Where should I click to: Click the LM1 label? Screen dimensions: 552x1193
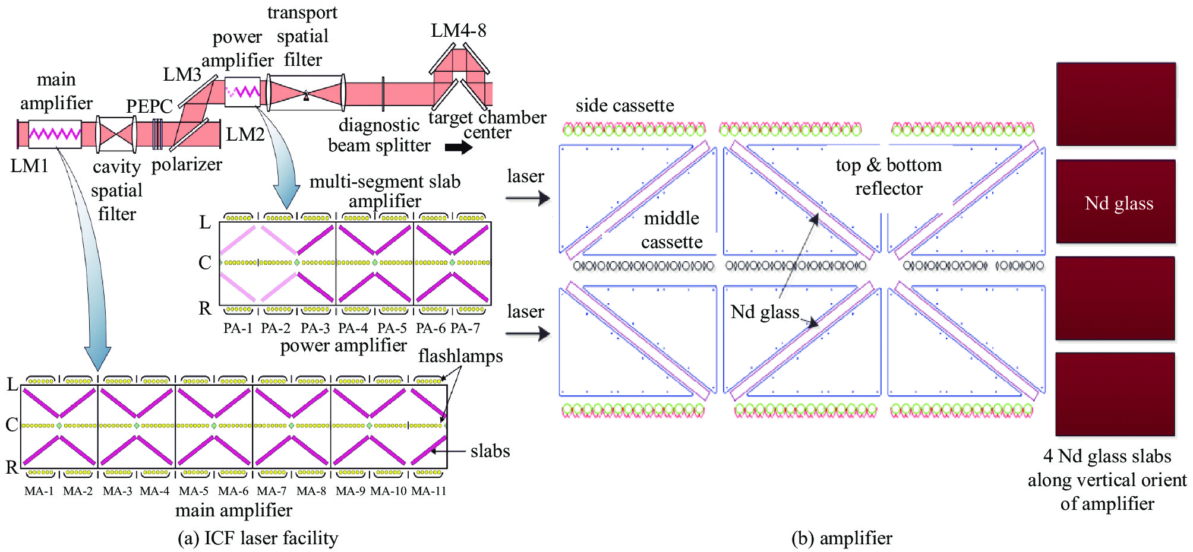(29, 166)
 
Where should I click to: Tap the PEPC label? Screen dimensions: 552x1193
(149, 106)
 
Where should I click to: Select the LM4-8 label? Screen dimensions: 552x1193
(458, 31)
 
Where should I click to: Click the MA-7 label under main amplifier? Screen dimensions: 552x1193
(272, 491)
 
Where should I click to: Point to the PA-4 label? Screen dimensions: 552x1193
(353, 328)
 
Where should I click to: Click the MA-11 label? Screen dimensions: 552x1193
(428, 491)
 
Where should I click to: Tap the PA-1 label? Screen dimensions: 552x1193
(238, 328)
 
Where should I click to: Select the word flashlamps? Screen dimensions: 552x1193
(460, 356)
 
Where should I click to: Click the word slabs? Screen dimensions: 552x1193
(490, 451)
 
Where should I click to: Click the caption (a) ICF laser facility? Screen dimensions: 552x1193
(258, 538)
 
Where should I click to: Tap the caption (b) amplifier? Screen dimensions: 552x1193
(842, 538)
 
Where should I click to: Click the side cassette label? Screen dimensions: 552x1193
(624, 106)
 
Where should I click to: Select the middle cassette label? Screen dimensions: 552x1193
(671, 230)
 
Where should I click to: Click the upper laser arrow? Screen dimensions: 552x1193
(528, 198)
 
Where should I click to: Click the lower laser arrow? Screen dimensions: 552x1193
(528, 334)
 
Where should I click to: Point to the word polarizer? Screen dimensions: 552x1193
(187, 164)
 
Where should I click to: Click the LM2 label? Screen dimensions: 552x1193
(245, 134)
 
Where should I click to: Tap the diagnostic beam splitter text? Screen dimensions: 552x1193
(379, 135)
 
